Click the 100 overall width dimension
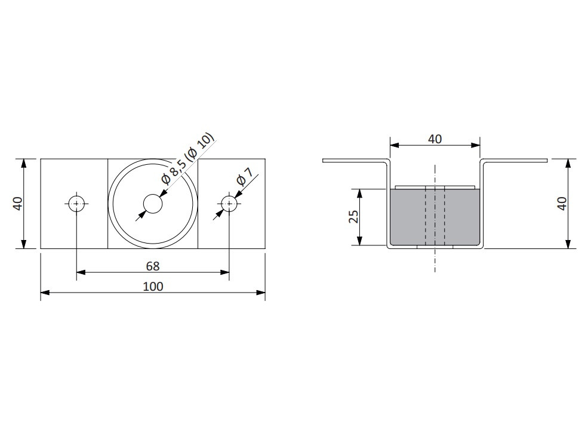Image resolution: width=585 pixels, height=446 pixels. pos(153,287)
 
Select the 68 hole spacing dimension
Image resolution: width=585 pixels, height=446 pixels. pos(153,266)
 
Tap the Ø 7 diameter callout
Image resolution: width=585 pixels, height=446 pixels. pos(245,177)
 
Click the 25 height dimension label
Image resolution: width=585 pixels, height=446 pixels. pos(353,217)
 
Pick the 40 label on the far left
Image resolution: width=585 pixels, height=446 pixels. pos(17,204)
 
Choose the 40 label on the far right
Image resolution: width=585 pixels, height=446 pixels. pos(562,204)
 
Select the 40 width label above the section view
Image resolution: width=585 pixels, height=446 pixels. pos(435,139)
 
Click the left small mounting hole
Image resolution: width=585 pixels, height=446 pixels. pos(76,204)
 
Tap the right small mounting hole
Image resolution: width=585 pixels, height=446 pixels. pos(229,204)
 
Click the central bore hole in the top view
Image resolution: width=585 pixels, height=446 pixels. pos(153,204)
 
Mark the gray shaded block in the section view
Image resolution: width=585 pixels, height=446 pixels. pos(435,217)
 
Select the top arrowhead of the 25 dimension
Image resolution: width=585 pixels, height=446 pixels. pos(359,193)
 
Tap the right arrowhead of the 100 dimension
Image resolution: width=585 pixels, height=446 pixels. pos(260,293)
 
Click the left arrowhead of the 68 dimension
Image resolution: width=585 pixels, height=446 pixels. pos(81,272)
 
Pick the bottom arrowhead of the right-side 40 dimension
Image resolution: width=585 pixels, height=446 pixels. pos(568,244)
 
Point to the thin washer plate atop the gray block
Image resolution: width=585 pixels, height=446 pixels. pos(435,187)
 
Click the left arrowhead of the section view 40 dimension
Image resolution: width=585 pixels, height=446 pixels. pos(395,145)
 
